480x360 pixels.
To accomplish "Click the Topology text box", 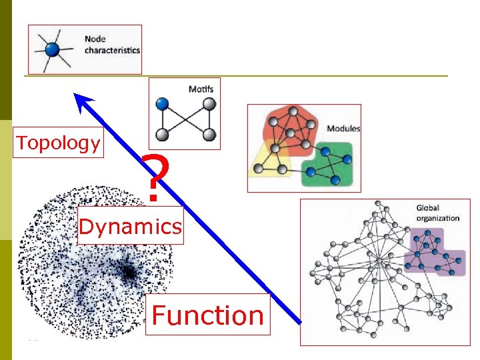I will click(x=59, y=143).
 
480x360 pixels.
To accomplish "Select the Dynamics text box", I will click(x=130, y=227).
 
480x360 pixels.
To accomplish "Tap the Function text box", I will click(x=207, y=315).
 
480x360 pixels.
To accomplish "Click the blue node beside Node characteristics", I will click(x=52, y=49).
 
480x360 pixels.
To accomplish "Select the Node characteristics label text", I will click(x=112, y=44).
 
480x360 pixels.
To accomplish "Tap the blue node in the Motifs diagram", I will click(x=162, y=104).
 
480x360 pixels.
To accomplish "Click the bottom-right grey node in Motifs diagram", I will click(x=209, y=135).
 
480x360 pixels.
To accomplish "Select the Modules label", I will click(x=343, y=128).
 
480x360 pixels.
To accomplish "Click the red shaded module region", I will click(x=289, y=127).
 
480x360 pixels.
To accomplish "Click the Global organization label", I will click(x=437, y=213).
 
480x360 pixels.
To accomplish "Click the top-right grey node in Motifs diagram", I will click(x=209, y=104).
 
